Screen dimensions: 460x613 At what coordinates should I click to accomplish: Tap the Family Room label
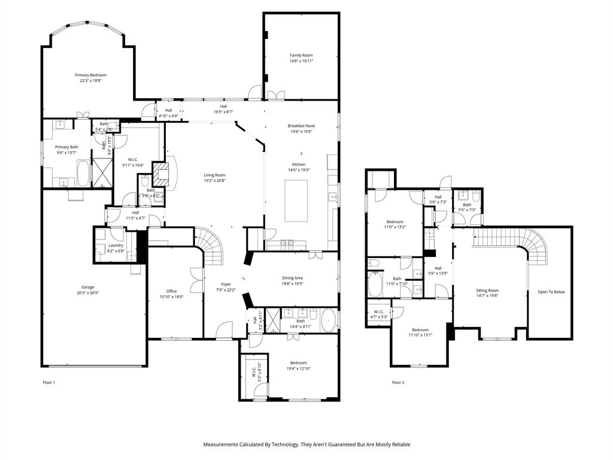[301, 55]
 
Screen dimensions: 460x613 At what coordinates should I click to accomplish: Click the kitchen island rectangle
[298, 200]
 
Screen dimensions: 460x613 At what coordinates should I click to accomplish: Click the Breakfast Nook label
[301, 126]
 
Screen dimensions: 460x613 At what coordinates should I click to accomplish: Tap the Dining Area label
[292, 277]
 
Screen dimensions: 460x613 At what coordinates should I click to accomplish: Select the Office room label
[171, 291]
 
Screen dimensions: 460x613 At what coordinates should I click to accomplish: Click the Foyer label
[226, 284]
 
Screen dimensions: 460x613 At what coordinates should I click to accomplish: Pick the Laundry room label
[116, 245]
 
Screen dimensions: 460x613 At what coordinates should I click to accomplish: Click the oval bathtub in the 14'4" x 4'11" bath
[329, 322]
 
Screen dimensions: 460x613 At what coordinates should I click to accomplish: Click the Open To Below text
[551, 292]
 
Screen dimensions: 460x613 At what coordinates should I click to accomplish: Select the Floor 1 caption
[49, 382]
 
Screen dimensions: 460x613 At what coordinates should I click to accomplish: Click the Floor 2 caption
[398, 382]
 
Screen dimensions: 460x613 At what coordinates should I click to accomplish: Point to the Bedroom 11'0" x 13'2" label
[394, 222]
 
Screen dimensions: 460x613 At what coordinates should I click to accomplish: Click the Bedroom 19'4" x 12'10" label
[298, 362]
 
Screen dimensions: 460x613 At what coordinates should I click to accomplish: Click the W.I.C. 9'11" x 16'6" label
[133, 159]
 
